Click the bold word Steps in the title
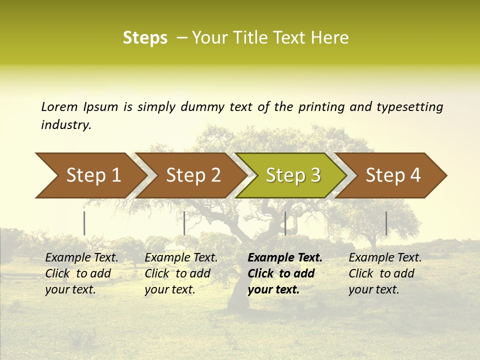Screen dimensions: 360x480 click(145, 38)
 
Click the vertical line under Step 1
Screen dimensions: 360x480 click(84, 223)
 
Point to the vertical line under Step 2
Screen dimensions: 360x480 click(184, 223)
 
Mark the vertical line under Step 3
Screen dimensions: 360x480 click(285, 223)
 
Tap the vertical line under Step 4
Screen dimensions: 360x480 click(386, 223)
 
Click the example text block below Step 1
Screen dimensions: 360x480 click(81, 273)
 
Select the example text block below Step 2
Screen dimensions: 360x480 click(181, 273)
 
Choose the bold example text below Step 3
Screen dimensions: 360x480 click(284, 273)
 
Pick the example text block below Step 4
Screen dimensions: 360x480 click(385, 273)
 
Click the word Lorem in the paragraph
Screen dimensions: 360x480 click(59, 106)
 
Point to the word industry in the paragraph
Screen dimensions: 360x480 click(66, 124)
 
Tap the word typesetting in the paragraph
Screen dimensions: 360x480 click(409, 107)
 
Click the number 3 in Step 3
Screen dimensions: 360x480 click(315, 175)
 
